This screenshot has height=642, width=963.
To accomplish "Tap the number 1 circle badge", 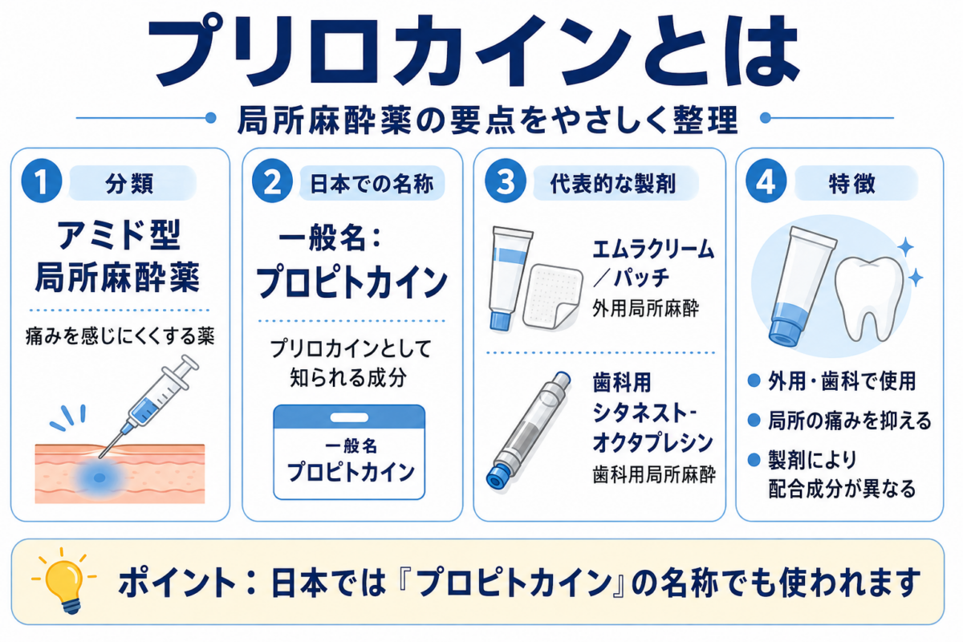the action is click(x=42, y=182).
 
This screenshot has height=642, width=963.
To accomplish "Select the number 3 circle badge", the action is click(x=505, y=182).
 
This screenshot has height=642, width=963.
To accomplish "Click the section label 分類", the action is click(x=129, y=184).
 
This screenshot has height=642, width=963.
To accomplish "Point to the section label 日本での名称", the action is click(x=372, y=184).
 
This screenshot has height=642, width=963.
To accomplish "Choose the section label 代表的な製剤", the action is click(x=613, y=184).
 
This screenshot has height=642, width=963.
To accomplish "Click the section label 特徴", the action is click(x=851, y=184).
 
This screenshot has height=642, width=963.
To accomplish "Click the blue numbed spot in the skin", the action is click(x=100, y=477).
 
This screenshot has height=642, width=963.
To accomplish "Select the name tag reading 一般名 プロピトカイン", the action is click(x=349, y=452).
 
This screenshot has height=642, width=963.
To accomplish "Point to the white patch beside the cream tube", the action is click(x=552, y=296).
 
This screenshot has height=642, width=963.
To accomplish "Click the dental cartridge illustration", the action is click(x=528, y=430).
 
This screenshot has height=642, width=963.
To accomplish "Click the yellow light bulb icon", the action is click(x=64, y=580).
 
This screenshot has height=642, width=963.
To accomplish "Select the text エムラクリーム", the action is click(x=653, y=250).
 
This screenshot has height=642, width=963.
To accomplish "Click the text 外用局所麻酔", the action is click(x=645, y=308).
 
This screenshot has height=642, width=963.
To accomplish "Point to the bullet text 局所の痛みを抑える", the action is click(x=850, y=421).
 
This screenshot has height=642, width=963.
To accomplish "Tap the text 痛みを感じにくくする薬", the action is click(x=120, y=335).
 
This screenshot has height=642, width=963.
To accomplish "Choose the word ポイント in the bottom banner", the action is click(x=177, y=583).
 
